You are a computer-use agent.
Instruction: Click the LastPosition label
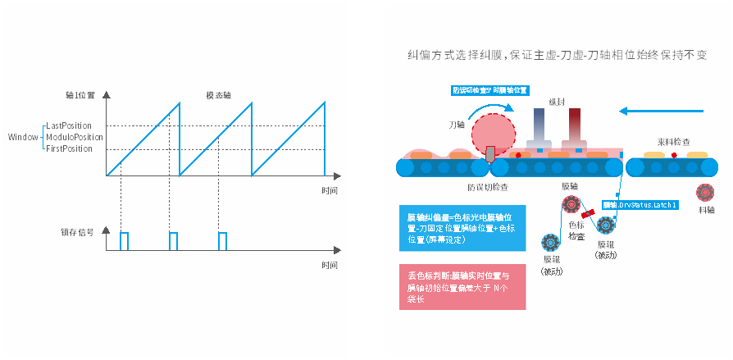click(70, 125)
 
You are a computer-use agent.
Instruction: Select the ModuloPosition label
click(75, 137)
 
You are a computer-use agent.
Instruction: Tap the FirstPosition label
click(70, 148)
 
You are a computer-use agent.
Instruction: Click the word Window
click(22, 137)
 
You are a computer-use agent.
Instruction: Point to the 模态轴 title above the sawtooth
click(218, 95)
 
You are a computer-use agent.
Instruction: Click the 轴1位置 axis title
click(80, 95)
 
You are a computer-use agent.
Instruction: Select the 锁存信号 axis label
click(84, 233)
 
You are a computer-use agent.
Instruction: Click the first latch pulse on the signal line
click(124, 240)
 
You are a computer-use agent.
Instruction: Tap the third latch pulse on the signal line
click(222, 240)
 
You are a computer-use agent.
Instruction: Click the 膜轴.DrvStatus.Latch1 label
click(640, 203)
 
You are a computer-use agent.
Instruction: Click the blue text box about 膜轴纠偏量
click(461, 228)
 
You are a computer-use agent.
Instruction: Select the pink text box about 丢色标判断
click(461, 287)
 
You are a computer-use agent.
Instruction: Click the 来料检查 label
click(674, 142)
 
